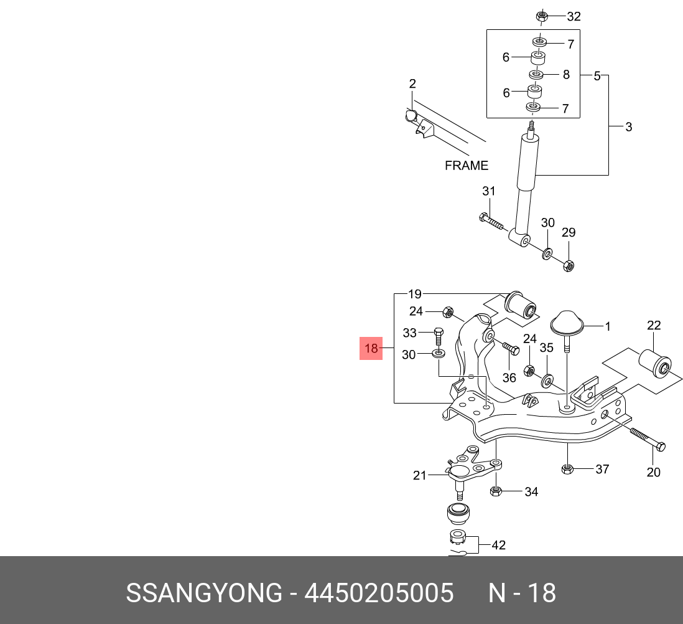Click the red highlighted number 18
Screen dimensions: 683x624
371,348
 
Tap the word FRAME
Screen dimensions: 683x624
467,166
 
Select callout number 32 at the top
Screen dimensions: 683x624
574,17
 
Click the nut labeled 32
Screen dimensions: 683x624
541,17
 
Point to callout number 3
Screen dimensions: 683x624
628,127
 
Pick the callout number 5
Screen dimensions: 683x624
597,76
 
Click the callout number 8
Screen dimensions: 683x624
566,75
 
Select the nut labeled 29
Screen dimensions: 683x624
569,265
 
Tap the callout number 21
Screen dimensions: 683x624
419,475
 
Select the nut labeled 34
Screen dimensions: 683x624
496,491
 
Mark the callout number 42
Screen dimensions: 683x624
499,545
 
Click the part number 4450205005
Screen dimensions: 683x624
379,593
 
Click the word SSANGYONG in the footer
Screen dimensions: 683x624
204,593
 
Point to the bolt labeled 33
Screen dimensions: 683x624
439,336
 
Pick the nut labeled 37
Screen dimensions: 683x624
567,469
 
